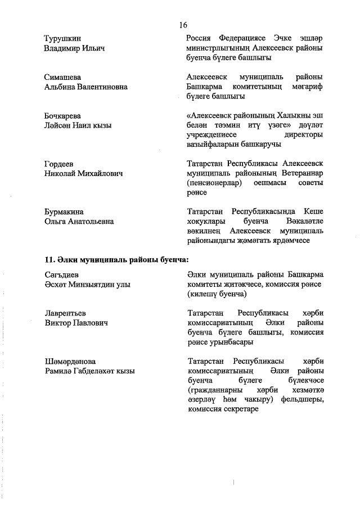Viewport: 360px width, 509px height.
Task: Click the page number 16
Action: point(183,25)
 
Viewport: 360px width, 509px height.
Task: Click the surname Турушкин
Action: point(63,38)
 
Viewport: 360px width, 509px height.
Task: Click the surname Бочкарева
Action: point(63,115)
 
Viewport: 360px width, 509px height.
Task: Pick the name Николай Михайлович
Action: point(83,173)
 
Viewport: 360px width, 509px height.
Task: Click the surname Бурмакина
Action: point(64,211)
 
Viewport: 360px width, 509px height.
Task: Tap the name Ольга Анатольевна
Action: point(79,222)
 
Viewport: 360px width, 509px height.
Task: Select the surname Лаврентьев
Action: point(66,313)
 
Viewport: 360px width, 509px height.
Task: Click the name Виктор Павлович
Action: point(76,323)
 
